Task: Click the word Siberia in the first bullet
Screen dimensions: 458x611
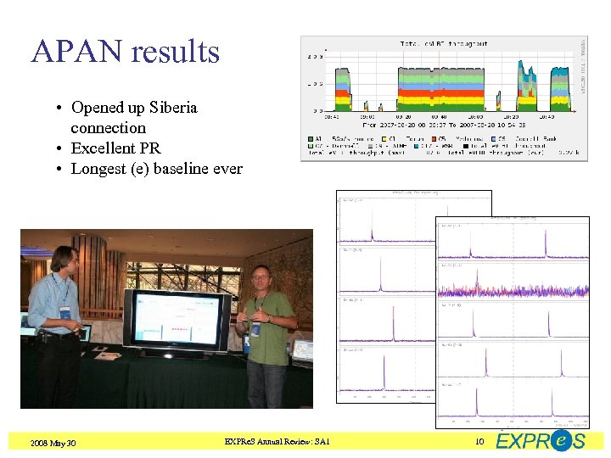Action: click(x=173, y=108)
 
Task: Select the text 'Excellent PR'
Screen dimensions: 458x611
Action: click(x=115, y=148)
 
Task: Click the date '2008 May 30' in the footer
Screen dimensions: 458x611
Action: click(x=53, y=443)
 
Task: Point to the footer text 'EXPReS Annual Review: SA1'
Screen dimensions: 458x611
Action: click(x=277, y=442)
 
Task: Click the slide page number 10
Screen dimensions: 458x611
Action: click(x=479, y=442)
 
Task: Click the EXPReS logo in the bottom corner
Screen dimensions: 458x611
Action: click(x=541, y=440)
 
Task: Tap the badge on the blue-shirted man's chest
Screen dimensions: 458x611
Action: click(x=65, y=313)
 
